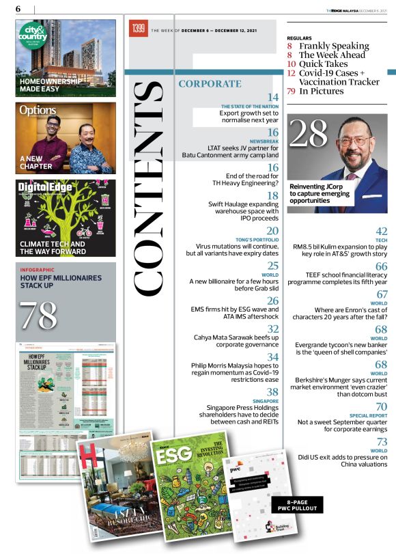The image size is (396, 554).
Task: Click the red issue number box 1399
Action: point(138,29)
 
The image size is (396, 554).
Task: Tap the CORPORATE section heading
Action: point(209,84)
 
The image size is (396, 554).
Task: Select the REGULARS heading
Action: point(300,38)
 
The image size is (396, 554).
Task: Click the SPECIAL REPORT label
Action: point(369,415)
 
